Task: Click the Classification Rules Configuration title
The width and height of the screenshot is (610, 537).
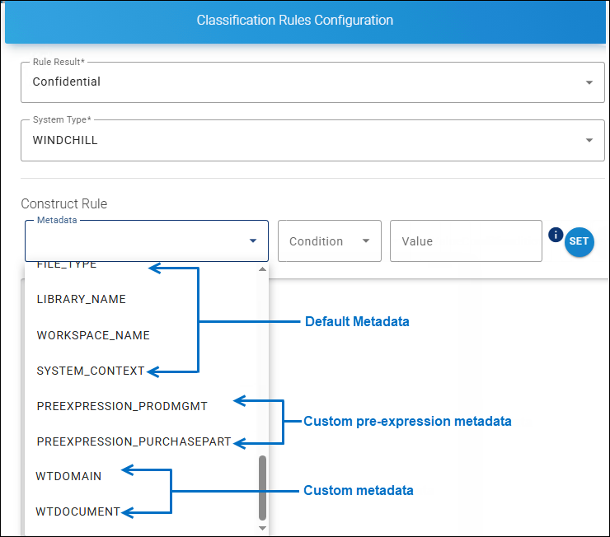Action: tap(294, 20)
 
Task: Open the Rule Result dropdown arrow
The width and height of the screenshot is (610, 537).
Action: tap(589, 82)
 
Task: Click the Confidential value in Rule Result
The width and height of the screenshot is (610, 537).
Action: tap(67, 82)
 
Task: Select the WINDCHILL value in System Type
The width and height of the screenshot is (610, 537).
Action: tap(65, 140)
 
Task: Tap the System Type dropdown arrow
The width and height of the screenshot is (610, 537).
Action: tap(589, 140)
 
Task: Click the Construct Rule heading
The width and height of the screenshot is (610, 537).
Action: tap(63, 203)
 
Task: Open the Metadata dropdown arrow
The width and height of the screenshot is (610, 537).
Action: tap(252, 241)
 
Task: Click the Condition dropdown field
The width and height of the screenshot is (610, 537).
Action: tap(329, 241)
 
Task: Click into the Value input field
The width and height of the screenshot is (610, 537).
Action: tap(465, 241)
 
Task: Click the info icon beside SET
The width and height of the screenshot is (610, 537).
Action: tap(555, 234)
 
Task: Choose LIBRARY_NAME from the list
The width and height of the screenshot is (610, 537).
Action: tap(82, 299)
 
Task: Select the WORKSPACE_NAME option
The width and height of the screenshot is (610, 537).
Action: tap(93, 335)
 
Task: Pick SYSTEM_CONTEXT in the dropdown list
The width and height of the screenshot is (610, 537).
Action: tap(91, 371)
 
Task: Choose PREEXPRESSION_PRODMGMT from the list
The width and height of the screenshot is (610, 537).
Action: tap(122, 406)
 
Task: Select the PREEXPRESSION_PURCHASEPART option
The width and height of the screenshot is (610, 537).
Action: tap(134, 441)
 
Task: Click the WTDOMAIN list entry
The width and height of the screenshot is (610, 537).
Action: tap(68, 476)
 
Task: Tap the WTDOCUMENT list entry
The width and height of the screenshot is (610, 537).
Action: tap(77, 511)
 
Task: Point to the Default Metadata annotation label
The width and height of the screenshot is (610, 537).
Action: tap(357, 321)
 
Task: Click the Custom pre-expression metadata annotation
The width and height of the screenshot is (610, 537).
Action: tap(407, 421)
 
